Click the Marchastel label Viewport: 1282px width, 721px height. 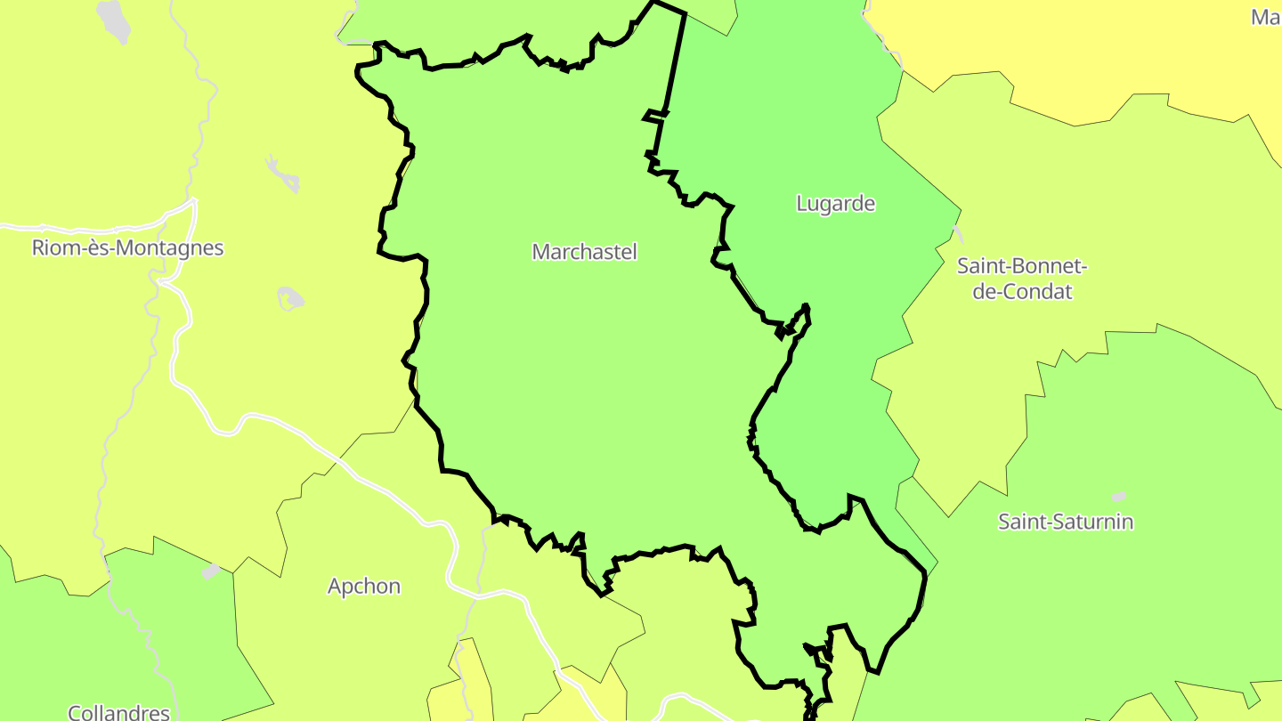pyautogui.click(x=584, y=252)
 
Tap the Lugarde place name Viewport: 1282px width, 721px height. pyautogui.click(x=835, y=204)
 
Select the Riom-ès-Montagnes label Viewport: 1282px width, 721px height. pyautogui.click(x=127, y=247)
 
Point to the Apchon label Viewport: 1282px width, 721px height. pyautogui.click(x=364, y=587)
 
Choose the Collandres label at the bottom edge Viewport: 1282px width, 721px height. pyautogui.click(x=119, y=712)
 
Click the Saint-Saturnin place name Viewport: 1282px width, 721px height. pyautogui.click(x=1066, y=522)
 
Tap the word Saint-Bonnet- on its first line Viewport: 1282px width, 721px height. pyautogui.click(x=1023, y=266)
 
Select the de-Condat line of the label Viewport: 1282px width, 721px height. pyautogui.click(x=1022, y=291)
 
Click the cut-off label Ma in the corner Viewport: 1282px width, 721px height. pyautogui.click(x=1265, y=17)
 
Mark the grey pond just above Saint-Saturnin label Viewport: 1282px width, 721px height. pyautogui.click(x=1119, y=497)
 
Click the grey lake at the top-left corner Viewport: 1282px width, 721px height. pyautogui.click(x=114, y=20)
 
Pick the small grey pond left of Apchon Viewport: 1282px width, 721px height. pyautogui.click(x=211, y=571)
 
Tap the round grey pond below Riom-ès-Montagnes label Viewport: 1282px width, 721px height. pyautogui.click(x=290, y=298)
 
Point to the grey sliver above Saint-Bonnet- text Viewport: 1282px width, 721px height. pyautogui.click(x=957, y=234)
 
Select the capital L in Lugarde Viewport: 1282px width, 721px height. pyautogui.click(x=801, y=204)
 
